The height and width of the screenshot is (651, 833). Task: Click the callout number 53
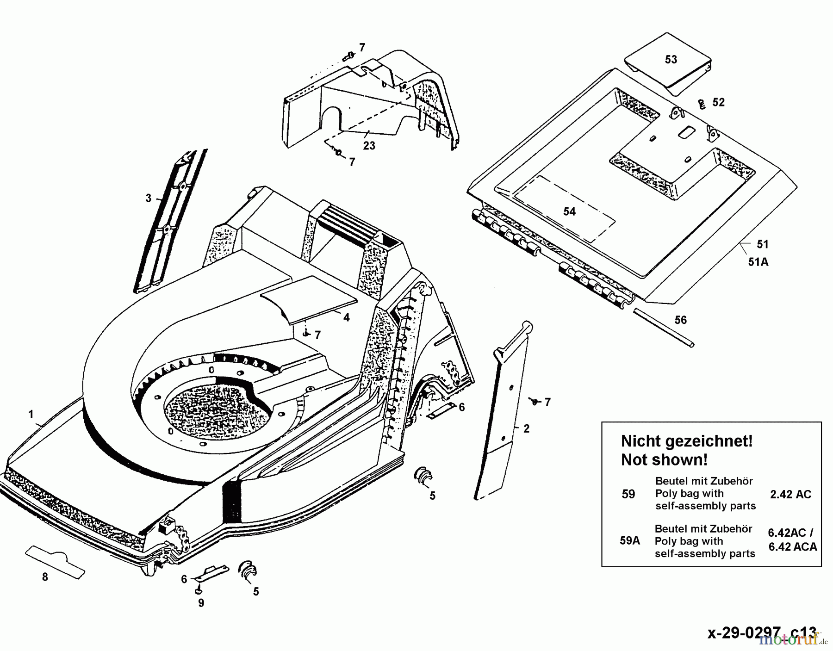coord(671,60)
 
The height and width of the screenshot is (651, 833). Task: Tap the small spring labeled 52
coord(702,104)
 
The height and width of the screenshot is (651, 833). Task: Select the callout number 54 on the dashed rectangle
coord(569,211)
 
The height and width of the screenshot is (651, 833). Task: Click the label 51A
coord(758,262)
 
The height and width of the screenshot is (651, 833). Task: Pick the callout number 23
coord(369,146)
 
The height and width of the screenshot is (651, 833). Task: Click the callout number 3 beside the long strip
coord(148,198)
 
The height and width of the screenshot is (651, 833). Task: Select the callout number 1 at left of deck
coord(31,414)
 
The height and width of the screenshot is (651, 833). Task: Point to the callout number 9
coord(201,603)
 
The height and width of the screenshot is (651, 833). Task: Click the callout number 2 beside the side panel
coord(526,428)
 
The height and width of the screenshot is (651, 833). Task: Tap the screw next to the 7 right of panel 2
coord(534,401)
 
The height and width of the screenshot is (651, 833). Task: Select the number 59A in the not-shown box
coord(629,540)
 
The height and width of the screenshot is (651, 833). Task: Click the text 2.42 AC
coord(790,494)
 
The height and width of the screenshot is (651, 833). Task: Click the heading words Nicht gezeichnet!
coord(686,441)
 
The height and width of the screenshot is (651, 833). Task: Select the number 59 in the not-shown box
coord(628,494)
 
